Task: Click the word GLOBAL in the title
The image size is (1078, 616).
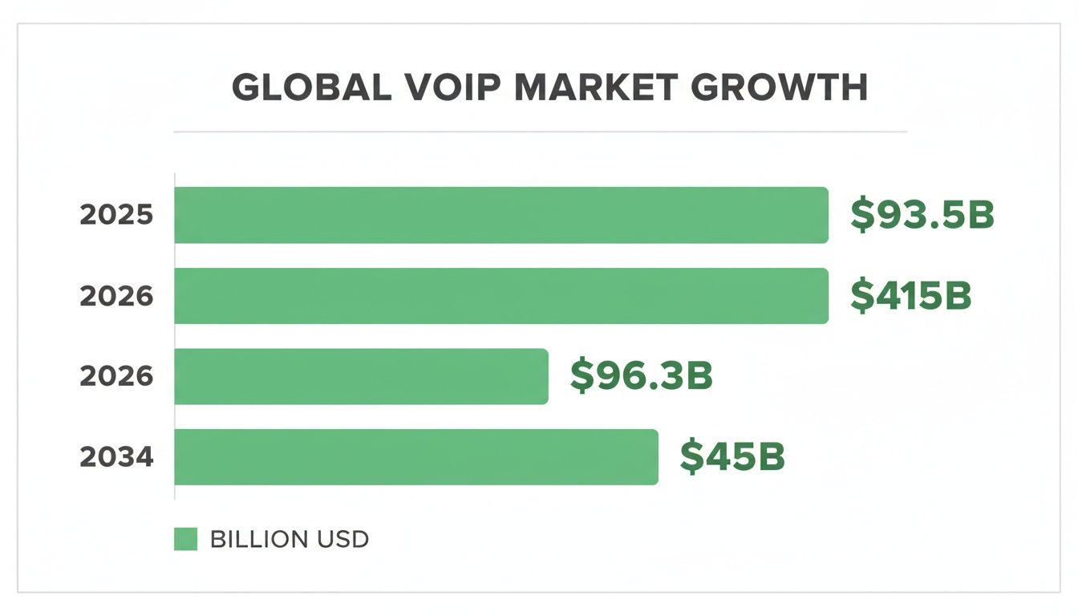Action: (304, 88)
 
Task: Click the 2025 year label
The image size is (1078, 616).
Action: (116, 216)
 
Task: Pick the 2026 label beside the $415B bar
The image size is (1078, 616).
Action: (116, 296)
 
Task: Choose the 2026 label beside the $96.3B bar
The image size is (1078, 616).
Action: (116, 376)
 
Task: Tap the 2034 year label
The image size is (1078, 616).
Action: (116, 457)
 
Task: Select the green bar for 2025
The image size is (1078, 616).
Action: (501, 215)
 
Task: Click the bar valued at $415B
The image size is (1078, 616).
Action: (501, 296)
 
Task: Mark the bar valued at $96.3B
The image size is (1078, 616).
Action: (361, 376)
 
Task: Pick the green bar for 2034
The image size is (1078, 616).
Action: (415, 457)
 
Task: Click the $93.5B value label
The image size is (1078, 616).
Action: (922, 216)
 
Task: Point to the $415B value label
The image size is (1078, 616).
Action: (910, 296)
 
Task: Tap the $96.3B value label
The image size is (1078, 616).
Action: (641, 376)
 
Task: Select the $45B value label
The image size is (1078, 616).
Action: (731, 457)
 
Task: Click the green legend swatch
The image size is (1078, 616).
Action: (185, 539)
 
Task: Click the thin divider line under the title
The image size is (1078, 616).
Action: (540, 131)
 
